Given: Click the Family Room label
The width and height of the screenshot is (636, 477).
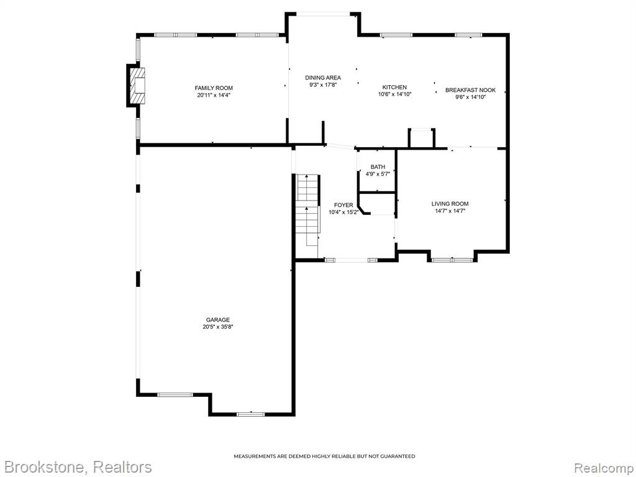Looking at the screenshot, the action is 214,88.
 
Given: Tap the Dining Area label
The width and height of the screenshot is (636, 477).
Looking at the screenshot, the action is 323,78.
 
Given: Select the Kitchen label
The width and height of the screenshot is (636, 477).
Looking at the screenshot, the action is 394,87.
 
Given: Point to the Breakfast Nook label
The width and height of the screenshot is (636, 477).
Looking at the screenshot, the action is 471,90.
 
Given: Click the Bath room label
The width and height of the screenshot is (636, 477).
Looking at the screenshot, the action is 378,166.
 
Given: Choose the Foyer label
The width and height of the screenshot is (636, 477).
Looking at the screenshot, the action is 343,205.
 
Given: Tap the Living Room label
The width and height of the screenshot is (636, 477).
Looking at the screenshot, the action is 450,204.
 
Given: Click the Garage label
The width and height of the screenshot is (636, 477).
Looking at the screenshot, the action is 218,320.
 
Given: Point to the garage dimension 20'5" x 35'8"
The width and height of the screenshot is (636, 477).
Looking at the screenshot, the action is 218,327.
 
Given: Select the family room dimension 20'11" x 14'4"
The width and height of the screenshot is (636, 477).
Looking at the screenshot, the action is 214,95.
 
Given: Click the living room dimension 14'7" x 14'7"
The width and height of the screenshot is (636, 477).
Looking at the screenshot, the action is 450,211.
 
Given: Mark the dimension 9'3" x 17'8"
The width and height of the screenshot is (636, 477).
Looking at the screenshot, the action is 323,84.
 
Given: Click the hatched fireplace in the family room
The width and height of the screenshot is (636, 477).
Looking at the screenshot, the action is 137,86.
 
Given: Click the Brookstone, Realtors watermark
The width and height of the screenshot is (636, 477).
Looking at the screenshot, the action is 76,467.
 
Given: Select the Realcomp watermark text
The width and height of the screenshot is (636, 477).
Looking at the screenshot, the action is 604,468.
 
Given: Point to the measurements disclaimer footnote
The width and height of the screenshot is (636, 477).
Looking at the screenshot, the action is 324,457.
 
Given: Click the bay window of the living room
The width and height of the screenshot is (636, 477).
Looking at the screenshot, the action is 452,259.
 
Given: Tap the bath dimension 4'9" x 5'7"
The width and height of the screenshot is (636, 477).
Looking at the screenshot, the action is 378,174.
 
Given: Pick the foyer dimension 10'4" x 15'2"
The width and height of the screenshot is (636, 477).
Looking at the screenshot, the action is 343,212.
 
